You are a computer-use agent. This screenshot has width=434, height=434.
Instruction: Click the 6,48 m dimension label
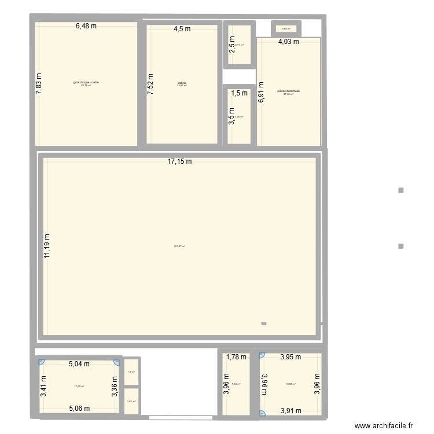click(86, 25)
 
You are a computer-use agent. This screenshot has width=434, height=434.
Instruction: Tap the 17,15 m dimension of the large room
click(179, 162)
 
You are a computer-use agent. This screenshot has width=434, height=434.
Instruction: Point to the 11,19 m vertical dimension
click(47, 245)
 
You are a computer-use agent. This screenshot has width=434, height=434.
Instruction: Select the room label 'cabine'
click(182, 83)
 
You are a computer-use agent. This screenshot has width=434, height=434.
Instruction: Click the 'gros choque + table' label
click(86, 83)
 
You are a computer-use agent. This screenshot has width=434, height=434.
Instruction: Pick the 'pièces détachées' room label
click(288, 91)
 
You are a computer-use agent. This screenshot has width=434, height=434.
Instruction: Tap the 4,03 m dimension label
click(288, 42)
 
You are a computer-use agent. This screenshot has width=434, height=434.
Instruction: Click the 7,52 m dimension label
click(150, 84)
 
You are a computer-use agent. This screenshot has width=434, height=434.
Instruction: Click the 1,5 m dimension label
click(239, 93)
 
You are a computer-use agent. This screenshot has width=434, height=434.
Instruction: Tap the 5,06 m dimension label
click(79, 409)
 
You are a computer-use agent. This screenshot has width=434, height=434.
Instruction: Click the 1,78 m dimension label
click(236, 357)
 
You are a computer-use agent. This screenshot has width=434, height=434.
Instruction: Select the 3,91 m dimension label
click(290, 411)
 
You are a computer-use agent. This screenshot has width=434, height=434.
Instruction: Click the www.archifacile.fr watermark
click(384, 426)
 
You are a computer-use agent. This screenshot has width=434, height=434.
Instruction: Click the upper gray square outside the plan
click(400, 190)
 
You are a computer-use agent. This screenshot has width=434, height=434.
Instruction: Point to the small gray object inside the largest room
click(264, 323)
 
